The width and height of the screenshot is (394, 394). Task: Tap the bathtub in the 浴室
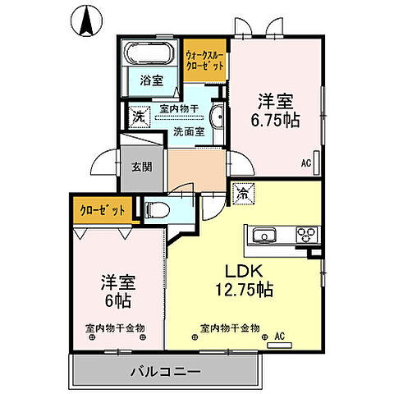151,55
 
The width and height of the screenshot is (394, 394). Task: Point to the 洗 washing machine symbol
138,116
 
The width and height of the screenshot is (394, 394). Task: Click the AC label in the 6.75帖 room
306,163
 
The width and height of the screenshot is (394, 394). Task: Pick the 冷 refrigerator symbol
243,195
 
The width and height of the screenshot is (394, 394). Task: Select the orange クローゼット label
103,210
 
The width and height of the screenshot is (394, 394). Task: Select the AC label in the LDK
278,336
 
